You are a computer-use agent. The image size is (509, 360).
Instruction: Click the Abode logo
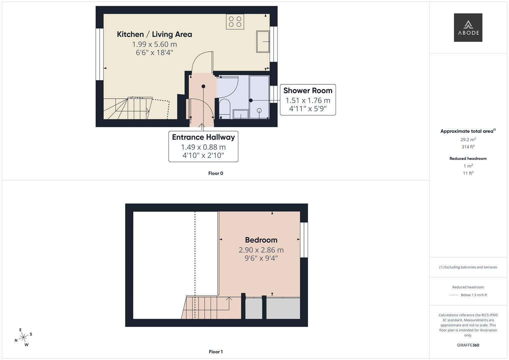468,27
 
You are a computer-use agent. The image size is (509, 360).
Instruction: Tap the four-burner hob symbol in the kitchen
235,21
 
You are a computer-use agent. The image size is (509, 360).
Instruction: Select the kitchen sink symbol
263,41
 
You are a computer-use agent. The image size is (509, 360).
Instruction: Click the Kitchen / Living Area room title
154,34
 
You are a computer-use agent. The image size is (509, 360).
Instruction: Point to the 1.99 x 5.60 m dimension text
154,44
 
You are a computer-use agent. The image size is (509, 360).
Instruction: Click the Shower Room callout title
308,91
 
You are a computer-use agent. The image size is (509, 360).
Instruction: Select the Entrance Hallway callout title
203,137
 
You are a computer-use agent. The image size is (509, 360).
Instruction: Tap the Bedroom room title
261,240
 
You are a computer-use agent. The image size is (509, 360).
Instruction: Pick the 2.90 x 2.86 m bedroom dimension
261,250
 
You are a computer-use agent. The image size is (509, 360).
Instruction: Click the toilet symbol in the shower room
225,107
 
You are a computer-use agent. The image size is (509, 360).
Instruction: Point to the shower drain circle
259,110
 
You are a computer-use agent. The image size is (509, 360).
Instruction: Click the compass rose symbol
23,338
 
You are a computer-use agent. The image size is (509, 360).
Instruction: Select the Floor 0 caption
216,173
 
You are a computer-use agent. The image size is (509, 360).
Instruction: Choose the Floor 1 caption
216,352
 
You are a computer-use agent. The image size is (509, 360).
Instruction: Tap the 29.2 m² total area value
468,140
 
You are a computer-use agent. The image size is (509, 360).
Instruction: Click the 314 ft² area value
468,147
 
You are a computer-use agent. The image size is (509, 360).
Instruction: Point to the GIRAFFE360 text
468,345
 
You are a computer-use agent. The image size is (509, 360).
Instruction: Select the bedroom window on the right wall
304,240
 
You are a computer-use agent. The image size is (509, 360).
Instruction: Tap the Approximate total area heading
467,131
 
